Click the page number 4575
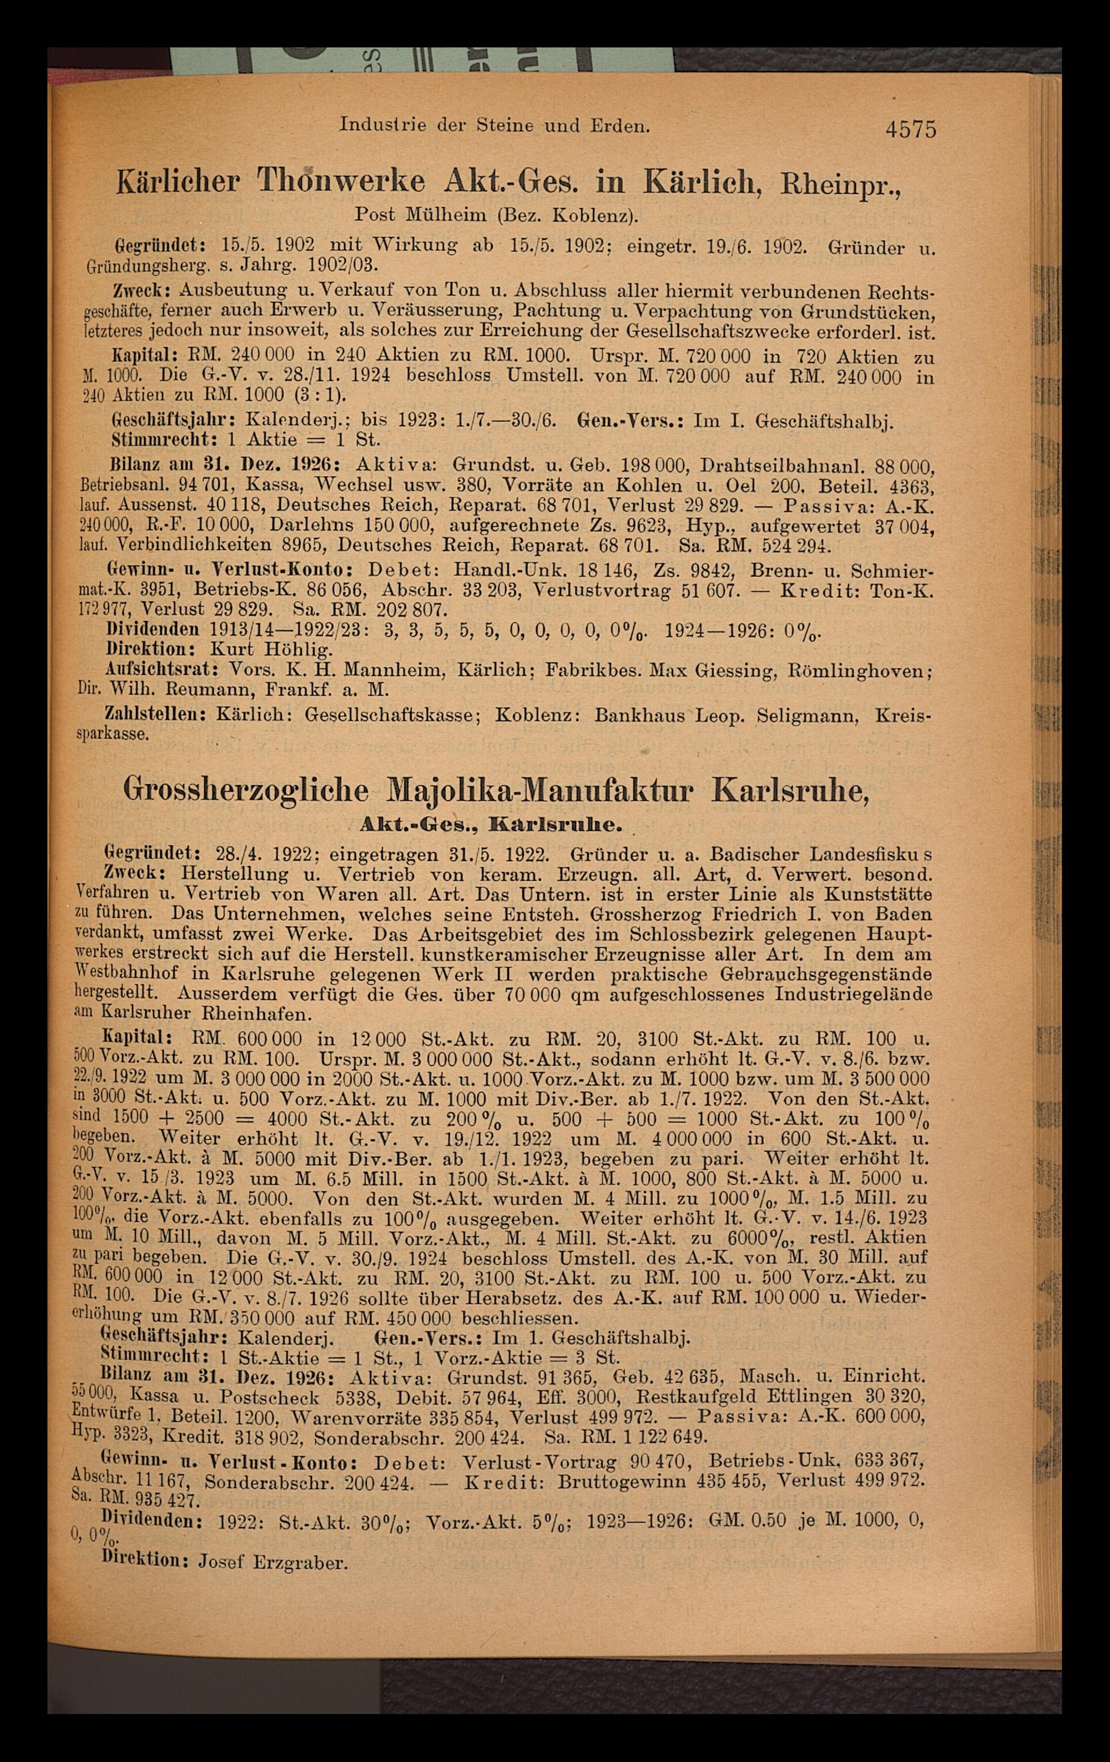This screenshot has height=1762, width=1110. (910, 129)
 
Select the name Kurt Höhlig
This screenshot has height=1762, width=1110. (272, 649)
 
